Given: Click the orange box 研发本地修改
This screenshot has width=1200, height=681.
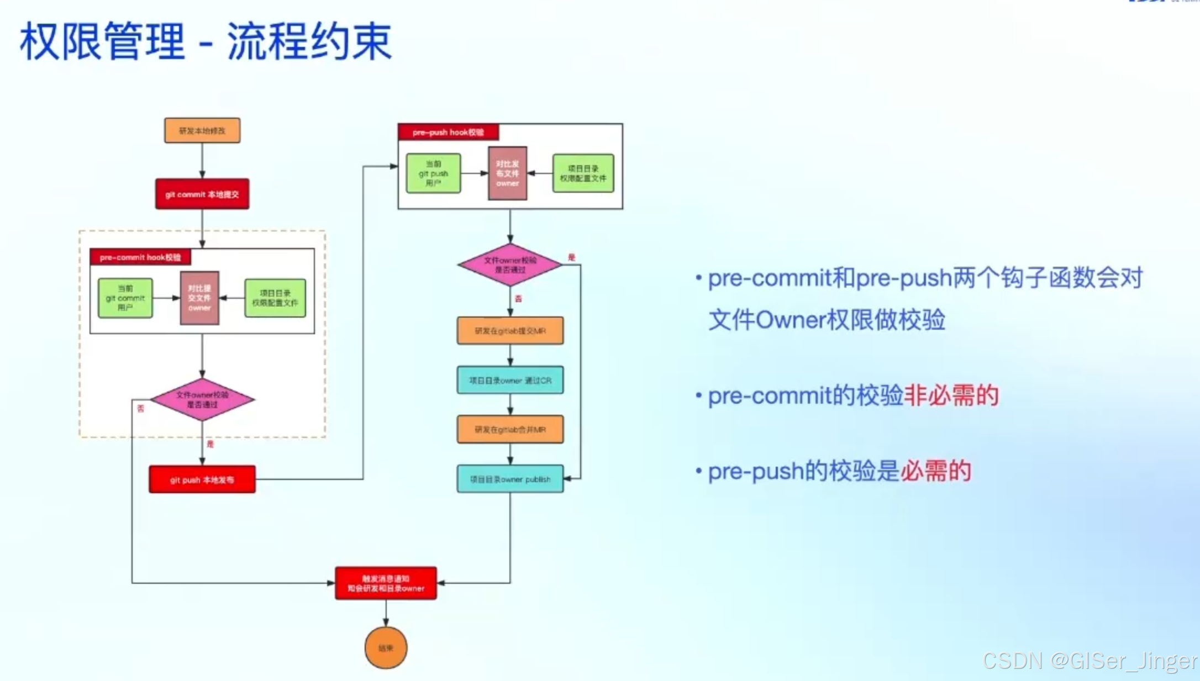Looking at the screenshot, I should (202, 131).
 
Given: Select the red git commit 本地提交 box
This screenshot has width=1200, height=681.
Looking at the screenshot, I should (202, 194).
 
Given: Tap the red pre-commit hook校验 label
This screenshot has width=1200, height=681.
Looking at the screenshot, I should (140, 257).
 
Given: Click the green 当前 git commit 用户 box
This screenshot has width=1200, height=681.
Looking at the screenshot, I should (125, 298).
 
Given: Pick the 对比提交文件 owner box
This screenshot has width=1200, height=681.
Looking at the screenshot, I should (199, 298).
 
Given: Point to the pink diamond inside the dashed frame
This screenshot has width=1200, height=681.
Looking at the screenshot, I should (202, 400).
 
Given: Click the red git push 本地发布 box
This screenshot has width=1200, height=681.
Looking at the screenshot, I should (202, 480).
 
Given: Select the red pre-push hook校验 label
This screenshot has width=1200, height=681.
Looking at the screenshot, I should (448, 133).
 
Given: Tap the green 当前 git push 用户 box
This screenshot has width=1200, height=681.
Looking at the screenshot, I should (434, 173).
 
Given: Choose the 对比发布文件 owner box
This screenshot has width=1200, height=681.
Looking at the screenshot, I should (507, 173).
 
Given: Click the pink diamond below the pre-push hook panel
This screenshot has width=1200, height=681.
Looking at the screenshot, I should (510, 265).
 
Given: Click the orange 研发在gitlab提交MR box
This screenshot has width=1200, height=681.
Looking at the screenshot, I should (510, 331).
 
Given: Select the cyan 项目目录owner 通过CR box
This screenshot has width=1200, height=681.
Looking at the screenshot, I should (510, 381).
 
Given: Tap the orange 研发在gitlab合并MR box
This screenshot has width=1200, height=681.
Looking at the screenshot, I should (510, 430).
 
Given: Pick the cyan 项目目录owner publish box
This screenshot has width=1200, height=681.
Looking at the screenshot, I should (510, 479).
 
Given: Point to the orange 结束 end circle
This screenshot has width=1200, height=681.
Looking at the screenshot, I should (386, 648).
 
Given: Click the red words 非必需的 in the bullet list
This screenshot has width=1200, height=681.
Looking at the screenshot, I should (951, 396).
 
